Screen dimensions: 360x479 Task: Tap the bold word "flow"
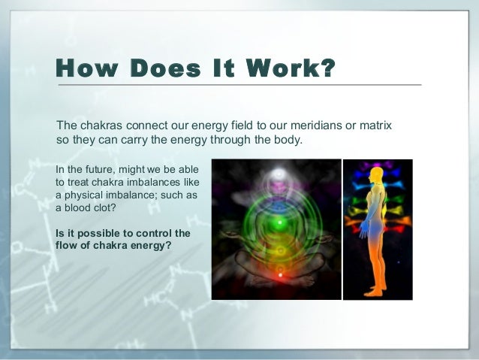[68, 247]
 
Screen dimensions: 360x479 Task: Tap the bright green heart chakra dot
[279, 223]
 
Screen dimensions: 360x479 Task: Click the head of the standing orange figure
[376, 176]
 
